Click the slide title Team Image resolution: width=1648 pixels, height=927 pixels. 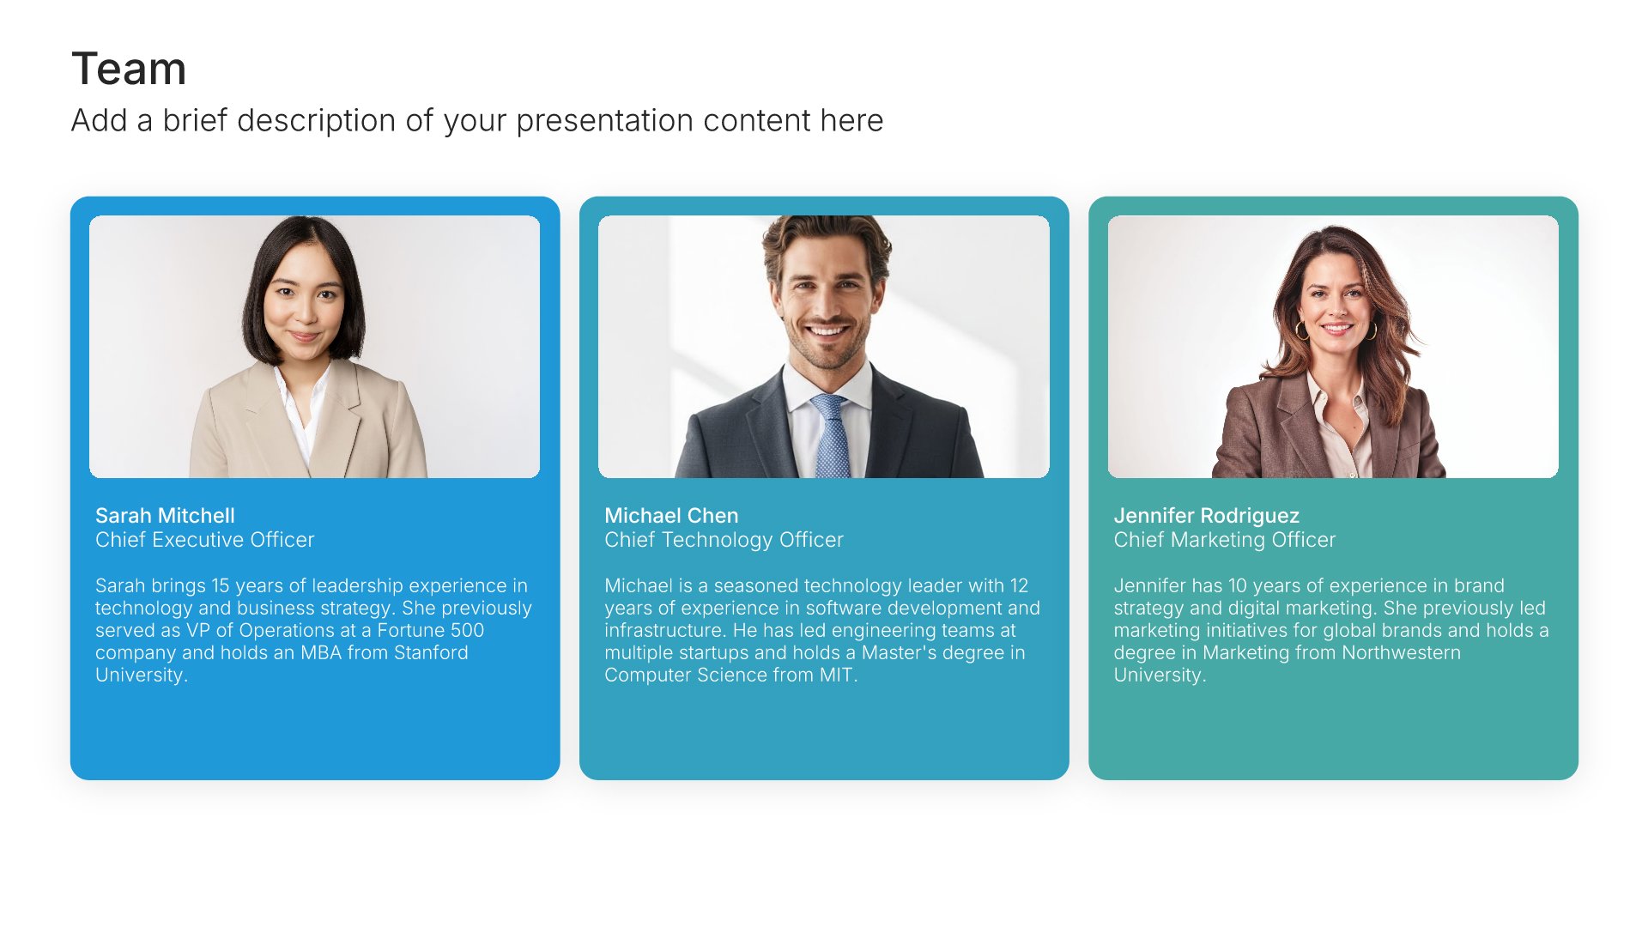pyautogui.click(x=129, y=69)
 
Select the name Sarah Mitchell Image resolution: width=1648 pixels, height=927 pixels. pyautogui.click(x=165, y=515)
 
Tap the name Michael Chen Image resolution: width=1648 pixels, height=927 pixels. pyautogui.click(x=671, y=515)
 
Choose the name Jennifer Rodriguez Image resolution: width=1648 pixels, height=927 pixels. pyautogui.click(x=1206, y=516)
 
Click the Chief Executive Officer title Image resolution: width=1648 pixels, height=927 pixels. pyautogui.click(x=204, y=539)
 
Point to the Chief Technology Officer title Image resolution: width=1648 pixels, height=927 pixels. pyautogui.click(x=724, y=540)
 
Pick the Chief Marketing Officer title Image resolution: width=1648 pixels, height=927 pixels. pyautogui.click(x=1224, y=540)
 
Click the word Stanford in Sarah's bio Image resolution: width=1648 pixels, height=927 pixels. pyautogui.click(x=431, y=652)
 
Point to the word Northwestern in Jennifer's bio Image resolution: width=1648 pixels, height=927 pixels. pyautogui.click(x=1401, y=652)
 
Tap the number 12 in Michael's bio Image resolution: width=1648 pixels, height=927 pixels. pyautogui.click(x=1019, y=585)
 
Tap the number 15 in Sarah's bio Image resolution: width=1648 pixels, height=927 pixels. pyautogui.click(x=221, y=585)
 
